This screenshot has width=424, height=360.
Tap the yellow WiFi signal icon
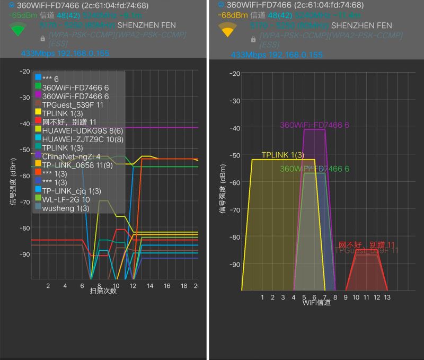[227, 30]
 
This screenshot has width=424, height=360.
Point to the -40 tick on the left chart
[24, 124]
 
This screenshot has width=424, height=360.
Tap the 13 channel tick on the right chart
[387, 297]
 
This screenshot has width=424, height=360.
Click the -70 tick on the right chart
[234, 209]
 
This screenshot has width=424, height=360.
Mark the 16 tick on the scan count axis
[167, 286]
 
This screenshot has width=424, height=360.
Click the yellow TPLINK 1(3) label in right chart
[282, 155]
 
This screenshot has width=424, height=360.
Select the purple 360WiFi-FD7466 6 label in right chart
[314, 125]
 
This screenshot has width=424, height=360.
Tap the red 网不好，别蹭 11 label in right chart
[366, 245]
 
